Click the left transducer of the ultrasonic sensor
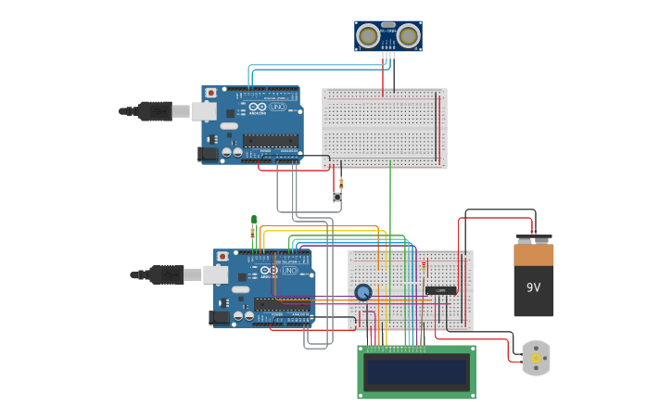[x=369, y=36]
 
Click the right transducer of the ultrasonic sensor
[x=409, y=36]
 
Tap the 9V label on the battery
[x=533, y=287]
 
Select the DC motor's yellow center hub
[x=536, y=358]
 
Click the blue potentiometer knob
[x=363, y=293]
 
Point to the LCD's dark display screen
[x=416, y=372]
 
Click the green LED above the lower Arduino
[x=254, y=221]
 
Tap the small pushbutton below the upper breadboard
[x=337, y=197]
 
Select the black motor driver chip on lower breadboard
[x=440, y=290]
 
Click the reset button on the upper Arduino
[x=211, y=93]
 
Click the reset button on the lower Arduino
[x=223, y=256]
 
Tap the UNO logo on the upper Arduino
[x=277, y=108]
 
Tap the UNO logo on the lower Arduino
[x=289, y=270]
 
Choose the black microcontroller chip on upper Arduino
[x=271, y=141]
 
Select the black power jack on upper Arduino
[x=209, y=154]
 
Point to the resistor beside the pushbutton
[x=341, y=183]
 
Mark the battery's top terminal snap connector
[x=533, y=238]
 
